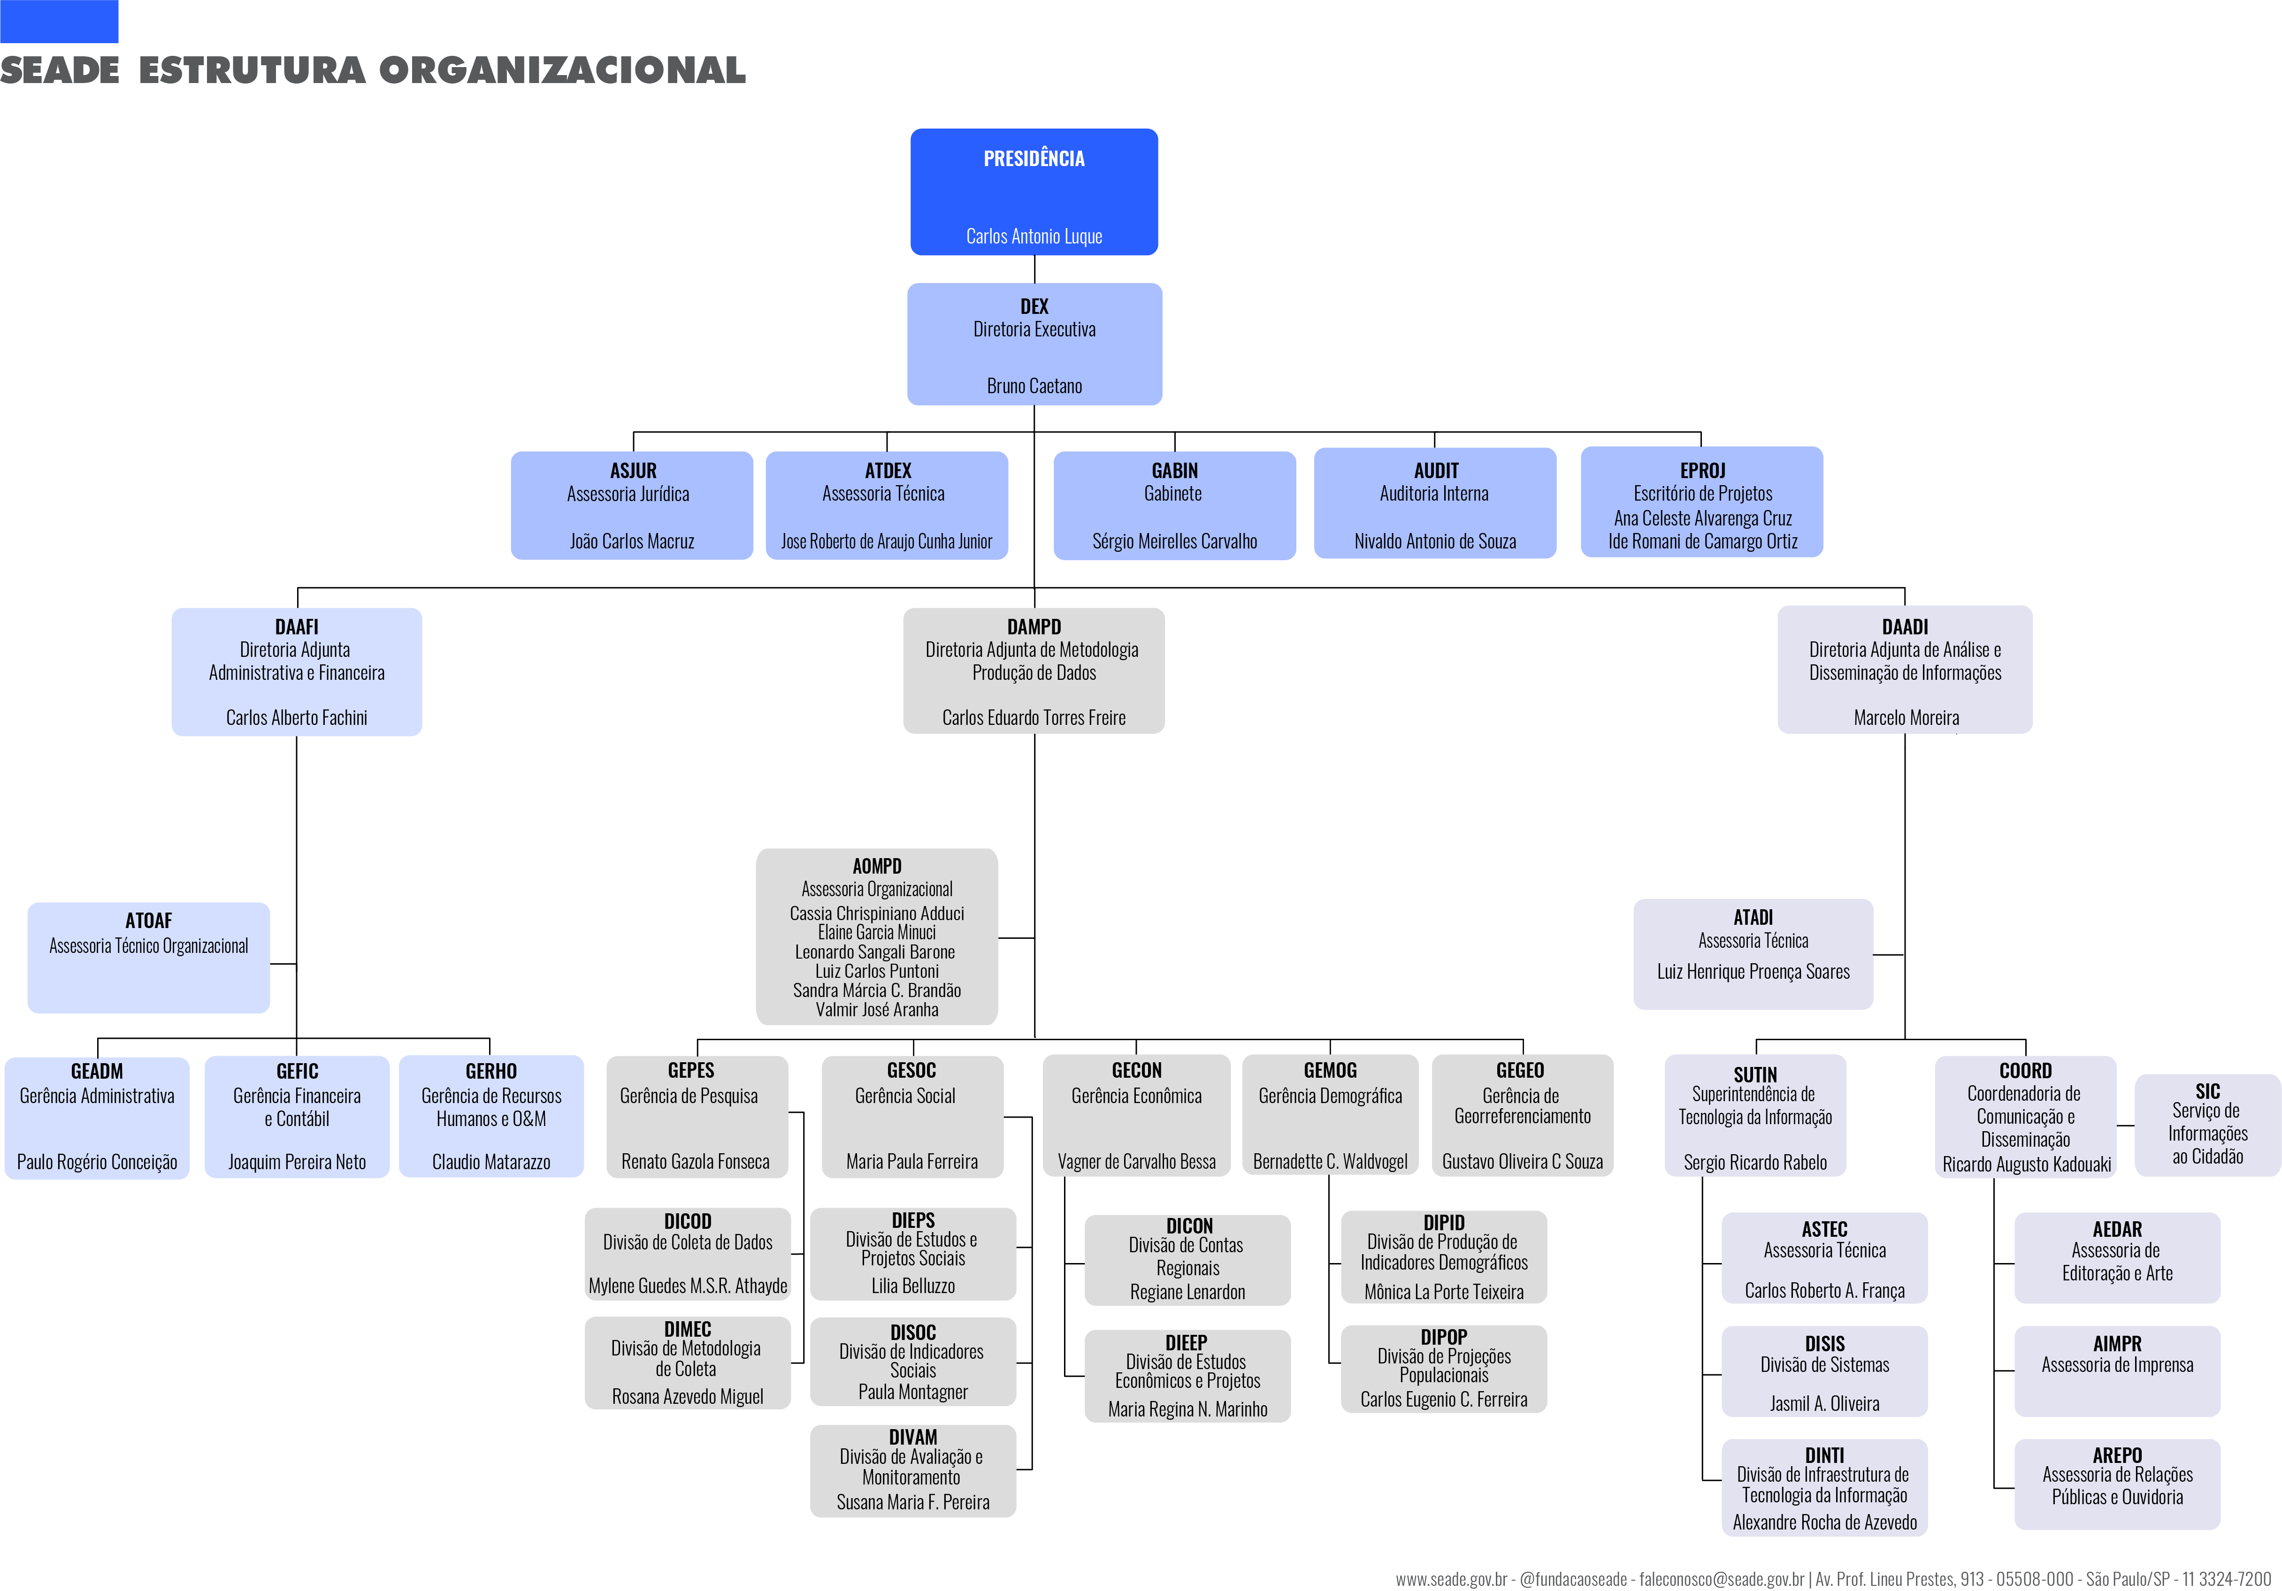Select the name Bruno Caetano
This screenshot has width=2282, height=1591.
1034,386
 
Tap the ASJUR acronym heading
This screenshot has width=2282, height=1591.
633,470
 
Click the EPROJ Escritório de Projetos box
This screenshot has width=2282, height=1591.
1701,502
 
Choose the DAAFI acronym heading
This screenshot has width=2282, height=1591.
296,626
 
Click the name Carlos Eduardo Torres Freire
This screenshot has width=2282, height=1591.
1034,717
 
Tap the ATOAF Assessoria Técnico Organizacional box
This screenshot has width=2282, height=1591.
148,957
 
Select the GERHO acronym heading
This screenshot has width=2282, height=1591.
491,1070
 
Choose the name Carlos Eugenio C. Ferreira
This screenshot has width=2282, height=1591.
1443,1399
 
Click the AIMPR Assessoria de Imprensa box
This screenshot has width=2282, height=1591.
2117,1370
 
